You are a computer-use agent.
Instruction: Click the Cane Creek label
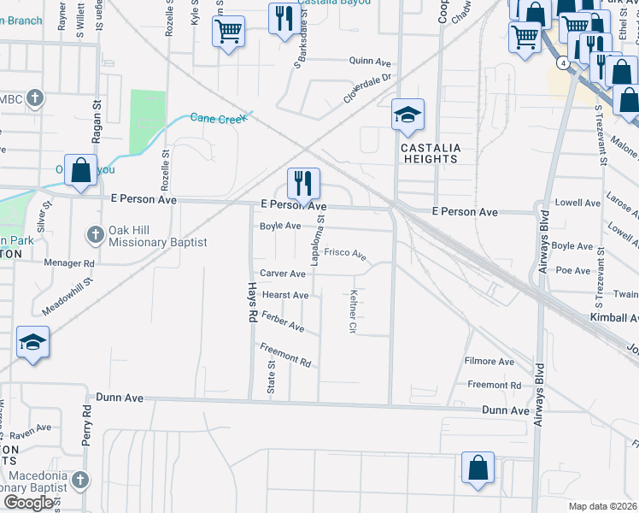218,118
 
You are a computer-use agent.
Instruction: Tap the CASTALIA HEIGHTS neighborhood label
431,153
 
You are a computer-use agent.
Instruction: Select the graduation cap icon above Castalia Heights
407,114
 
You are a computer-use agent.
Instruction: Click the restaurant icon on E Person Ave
303,182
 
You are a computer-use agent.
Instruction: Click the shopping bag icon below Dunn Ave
478,468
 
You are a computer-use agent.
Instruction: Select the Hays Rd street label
252,304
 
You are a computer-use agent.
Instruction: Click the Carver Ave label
283,274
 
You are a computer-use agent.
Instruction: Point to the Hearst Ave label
285,295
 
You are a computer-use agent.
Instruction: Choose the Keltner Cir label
353,311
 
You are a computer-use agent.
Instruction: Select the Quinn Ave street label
370,61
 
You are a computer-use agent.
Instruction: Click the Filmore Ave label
490,362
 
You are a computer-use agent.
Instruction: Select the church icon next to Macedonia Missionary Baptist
80,480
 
